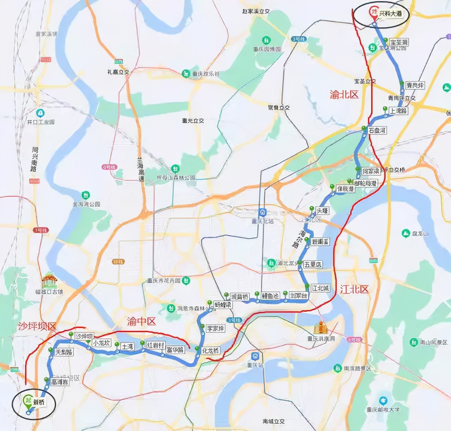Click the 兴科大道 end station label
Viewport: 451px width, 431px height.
390,13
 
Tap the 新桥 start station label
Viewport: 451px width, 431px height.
39,402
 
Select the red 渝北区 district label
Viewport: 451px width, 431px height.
344,94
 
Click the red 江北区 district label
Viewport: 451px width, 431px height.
354,289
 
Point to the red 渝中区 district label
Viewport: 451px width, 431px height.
141,321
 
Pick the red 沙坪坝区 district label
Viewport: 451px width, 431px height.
37,326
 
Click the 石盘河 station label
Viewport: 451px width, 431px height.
377,130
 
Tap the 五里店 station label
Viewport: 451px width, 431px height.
313,264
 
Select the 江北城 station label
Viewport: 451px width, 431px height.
320,288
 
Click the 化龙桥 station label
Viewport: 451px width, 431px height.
211,351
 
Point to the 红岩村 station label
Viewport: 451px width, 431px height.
155,345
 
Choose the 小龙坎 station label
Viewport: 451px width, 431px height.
101,343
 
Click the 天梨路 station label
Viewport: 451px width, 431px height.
64,352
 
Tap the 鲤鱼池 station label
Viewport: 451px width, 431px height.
270,296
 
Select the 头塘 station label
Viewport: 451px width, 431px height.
322,211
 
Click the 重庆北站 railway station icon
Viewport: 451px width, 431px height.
262,213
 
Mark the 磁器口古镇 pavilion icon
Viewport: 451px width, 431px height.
49,281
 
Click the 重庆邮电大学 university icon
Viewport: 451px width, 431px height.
383,401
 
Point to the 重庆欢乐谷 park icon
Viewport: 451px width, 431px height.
186,74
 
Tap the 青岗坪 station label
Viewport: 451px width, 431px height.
415,85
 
